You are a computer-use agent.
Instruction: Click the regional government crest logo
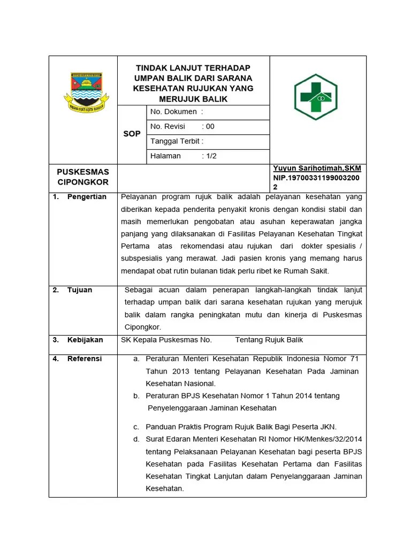83,92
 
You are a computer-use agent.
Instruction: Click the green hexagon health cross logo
315,96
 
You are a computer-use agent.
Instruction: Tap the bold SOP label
132,134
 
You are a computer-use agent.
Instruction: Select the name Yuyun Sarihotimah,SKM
317,168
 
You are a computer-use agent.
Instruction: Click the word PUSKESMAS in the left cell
83,172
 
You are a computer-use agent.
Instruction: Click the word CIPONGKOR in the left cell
83,182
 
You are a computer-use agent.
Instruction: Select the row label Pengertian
87,196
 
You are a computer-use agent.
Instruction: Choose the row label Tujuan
80,290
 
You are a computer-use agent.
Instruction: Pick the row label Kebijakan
85,340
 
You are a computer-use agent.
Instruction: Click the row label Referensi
85,359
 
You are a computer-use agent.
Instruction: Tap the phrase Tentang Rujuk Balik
269,340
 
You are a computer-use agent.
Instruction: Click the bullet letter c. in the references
136,427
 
